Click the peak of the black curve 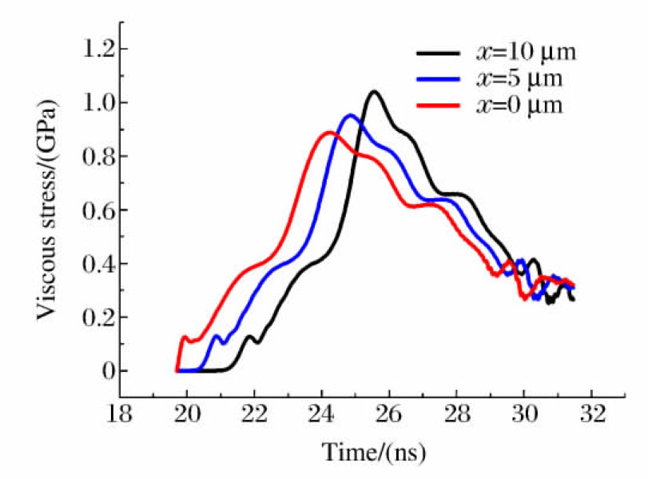[373, 91]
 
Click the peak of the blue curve [349, 115]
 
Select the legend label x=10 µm [526, 54]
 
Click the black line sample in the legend [438, 54]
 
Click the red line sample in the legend [438, 106]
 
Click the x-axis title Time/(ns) [374, 453]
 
